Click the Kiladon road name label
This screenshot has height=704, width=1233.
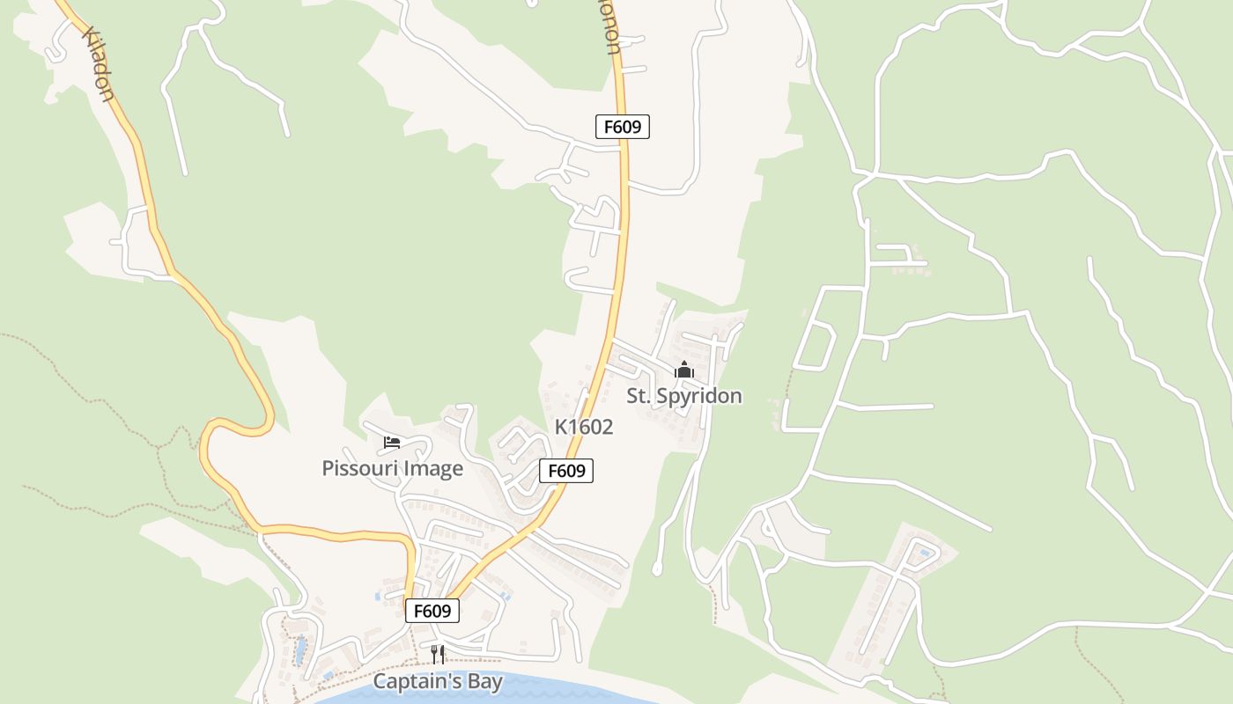(x=99, y=64)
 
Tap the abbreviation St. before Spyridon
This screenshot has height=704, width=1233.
(x=639, y=396)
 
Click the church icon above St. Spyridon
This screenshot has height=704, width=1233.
(x=684, y=370)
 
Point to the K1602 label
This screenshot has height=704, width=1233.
(x=583, y=427)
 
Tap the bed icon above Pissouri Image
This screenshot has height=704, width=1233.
(x=392, y=442)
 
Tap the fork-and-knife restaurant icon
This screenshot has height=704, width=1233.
(x=438, y=654)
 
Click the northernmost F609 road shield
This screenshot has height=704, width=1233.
(x=623, y=127)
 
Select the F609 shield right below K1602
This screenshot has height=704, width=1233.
(x=566, y=471)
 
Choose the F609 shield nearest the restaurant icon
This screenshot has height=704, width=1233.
(x=432, y=611)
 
